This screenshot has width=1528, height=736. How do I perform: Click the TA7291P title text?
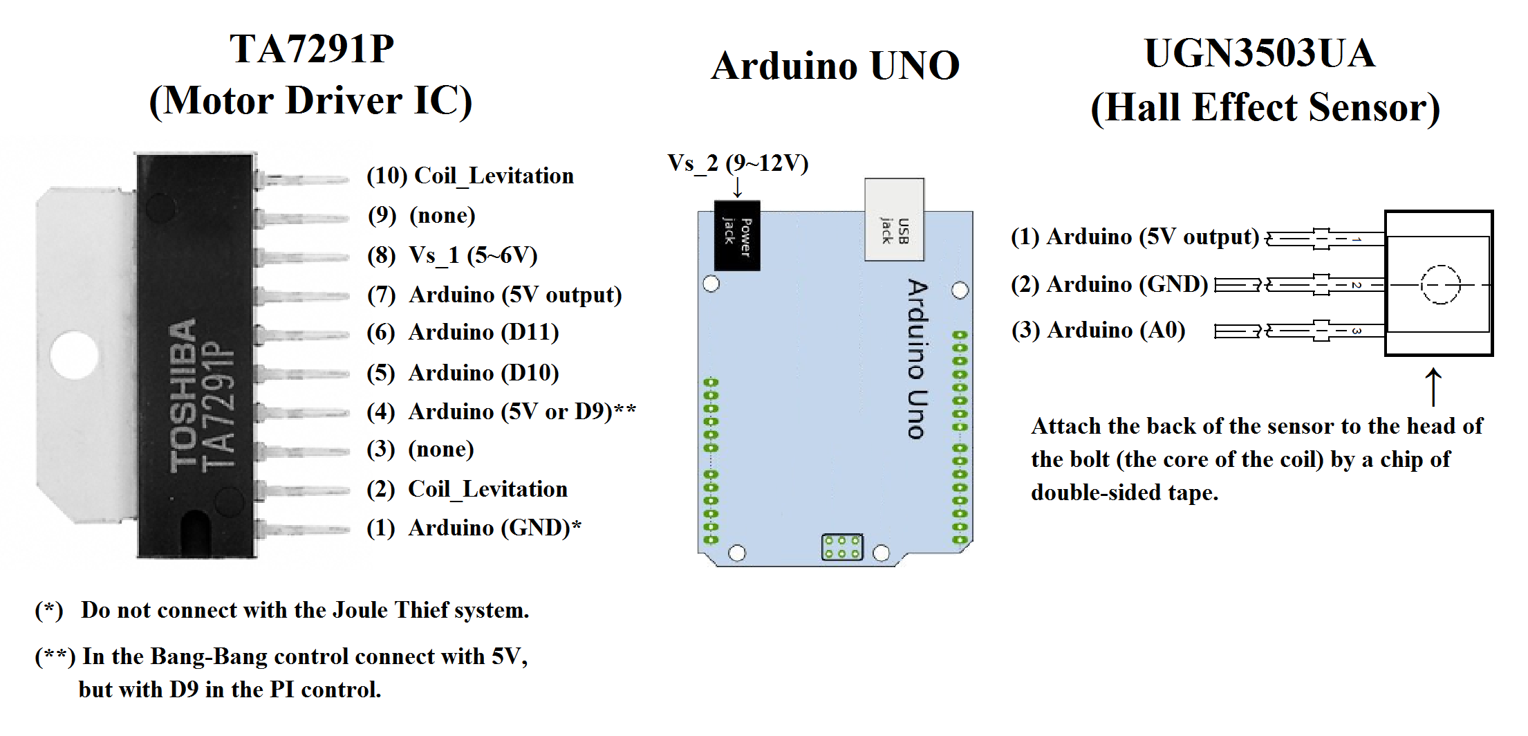click(312, 49)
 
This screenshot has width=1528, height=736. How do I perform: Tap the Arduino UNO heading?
click(835, 66)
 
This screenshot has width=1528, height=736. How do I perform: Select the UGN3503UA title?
click(1260, 54)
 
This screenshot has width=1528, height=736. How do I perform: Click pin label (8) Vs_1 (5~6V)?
click(453, 255)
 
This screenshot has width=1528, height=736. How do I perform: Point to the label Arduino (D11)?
click(483, 333)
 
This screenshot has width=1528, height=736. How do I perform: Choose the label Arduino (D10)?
click(483, 374)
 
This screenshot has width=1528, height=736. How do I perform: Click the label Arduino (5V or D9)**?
click(521, 412)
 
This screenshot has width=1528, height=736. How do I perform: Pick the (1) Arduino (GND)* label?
click(474, 528)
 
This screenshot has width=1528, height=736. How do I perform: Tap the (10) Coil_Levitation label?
click(470, 176)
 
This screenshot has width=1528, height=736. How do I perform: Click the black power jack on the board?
click(737, 236)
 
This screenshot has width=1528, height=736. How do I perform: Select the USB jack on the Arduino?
click(894, 220)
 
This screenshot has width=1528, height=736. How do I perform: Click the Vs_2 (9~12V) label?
click(738, 164)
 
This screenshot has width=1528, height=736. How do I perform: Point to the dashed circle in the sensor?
click(1440, 284)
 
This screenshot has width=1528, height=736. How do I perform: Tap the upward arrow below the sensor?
click(1433, 387)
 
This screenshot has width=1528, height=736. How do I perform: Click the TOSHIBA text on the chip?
click(184, 396)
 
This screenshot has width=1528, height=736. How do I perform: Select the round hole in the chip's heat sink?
click(73, 356)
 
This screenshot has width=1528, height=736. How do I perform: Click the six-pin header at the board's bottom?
click(841, 547)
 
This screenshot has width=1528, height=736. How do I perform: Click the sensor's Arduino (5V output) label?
click(1135, 237)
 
